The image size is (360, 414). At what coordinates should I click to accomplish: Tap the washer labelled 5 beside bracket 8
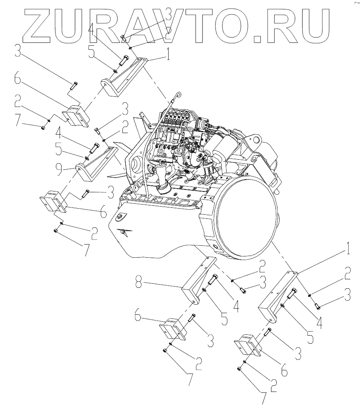pyautogui.click(x=203, y=290)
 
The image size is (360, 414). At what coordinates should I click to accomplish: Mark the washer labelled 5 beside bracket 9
pyautogui.click(x=87, y=157)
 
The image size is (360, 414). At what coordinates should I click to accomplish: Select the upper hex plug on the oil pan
pyautogui.click(x=120, y=216)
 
